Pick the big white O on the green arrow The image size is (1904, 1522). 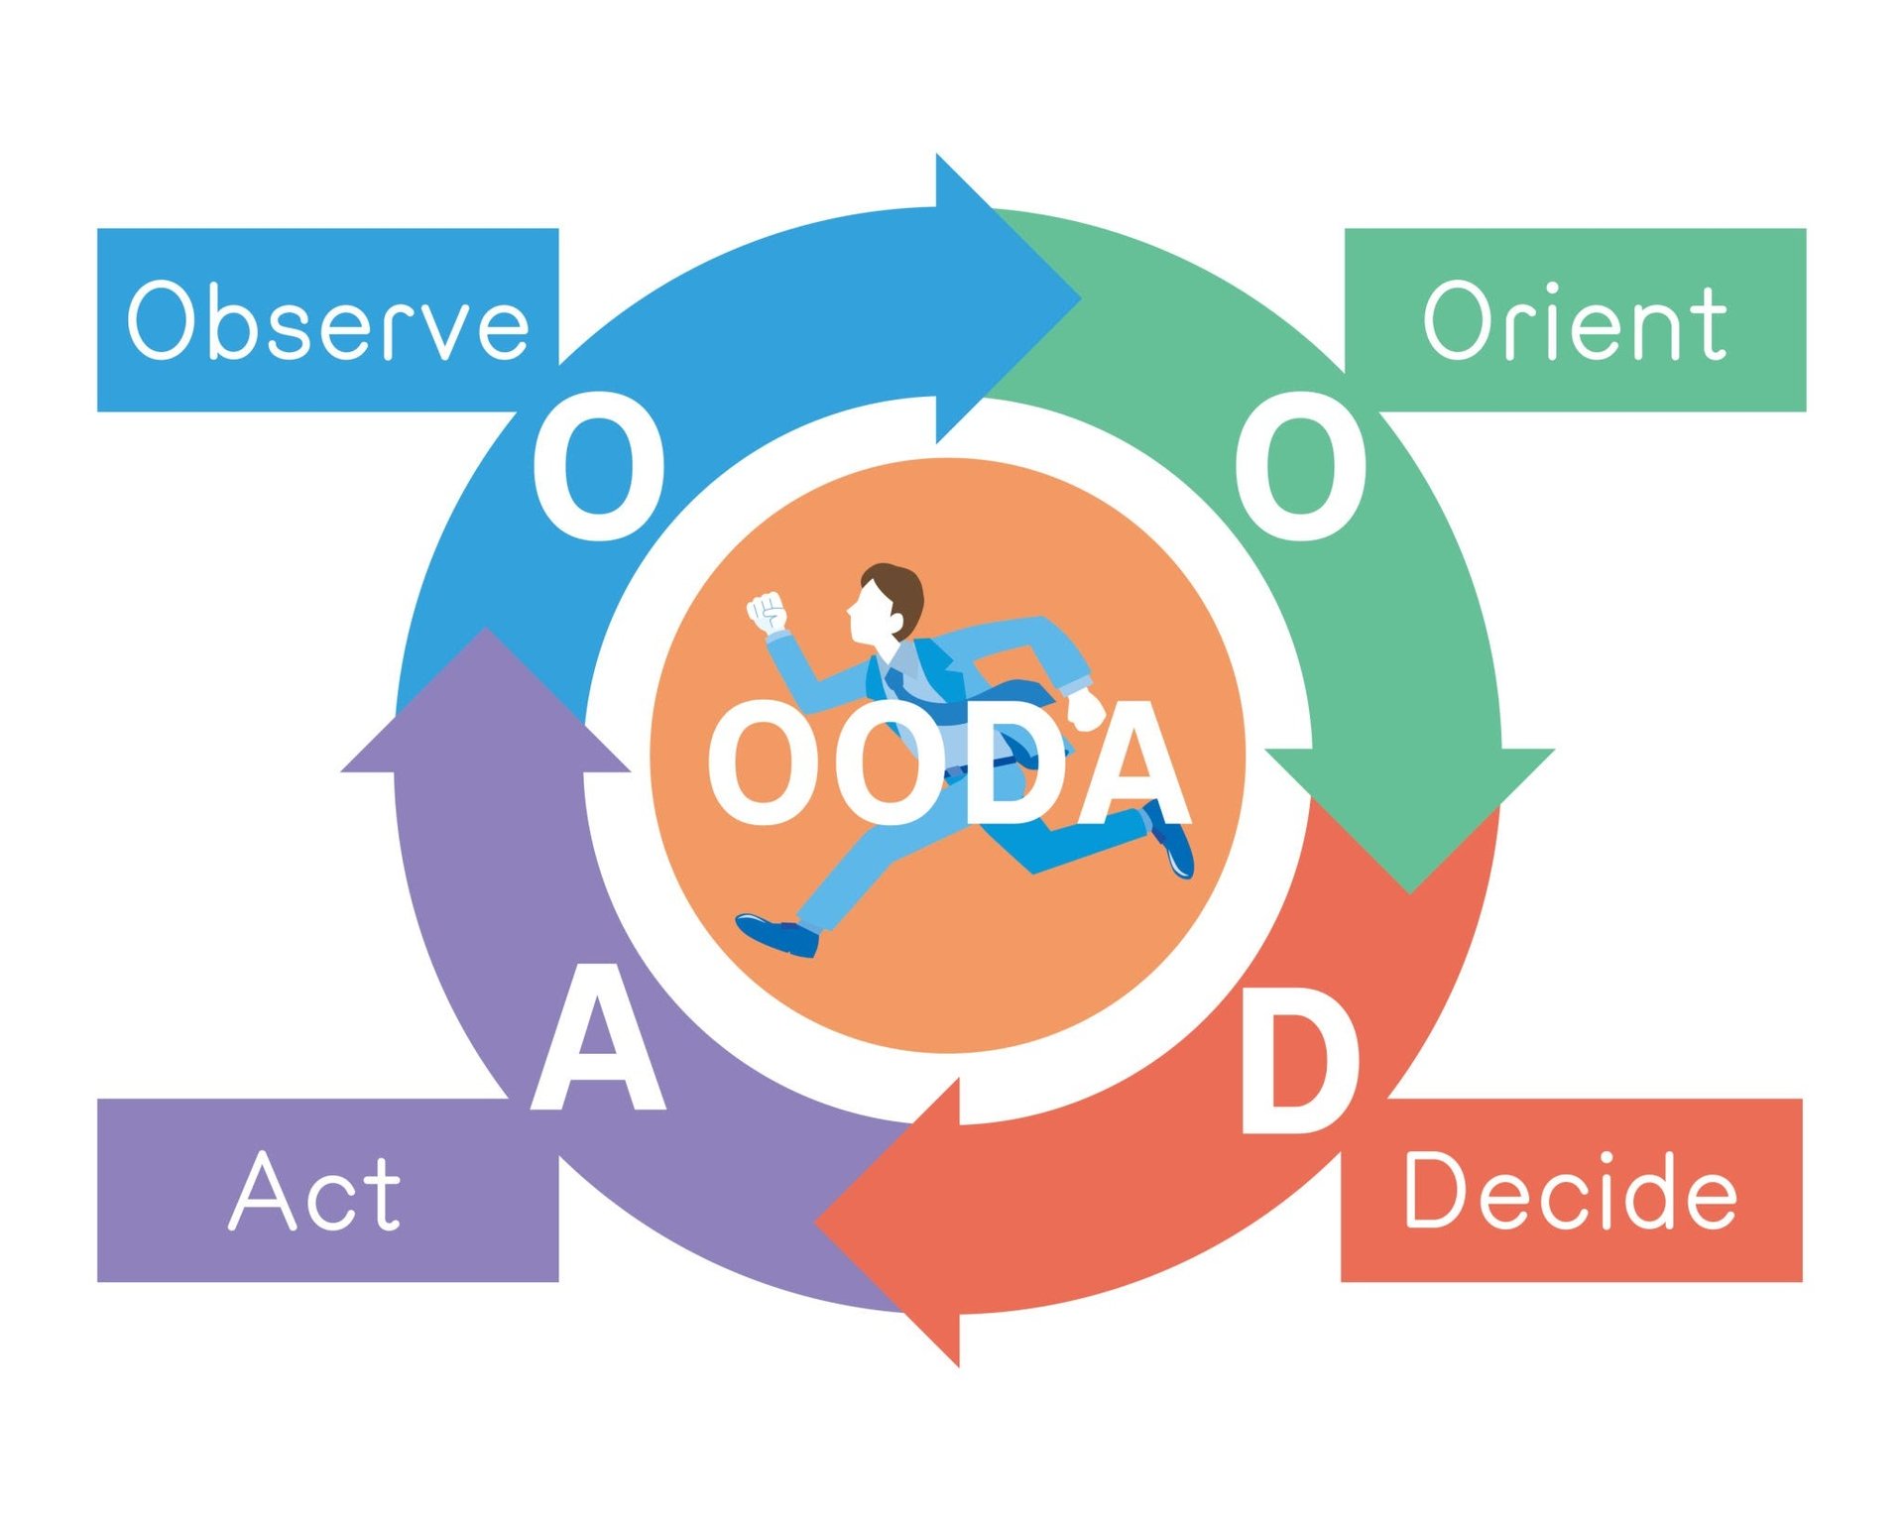pyautogui.click(x=1300, y=466)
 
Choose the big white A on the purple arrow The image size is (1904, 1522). pyautogui.click(x=598, y=1041)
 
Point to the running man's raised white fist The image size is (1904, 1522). pyautogui.click(x=767, y=612)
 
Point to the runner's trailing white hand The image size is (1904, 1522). pyautogui.click(x=1087, y=708)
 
